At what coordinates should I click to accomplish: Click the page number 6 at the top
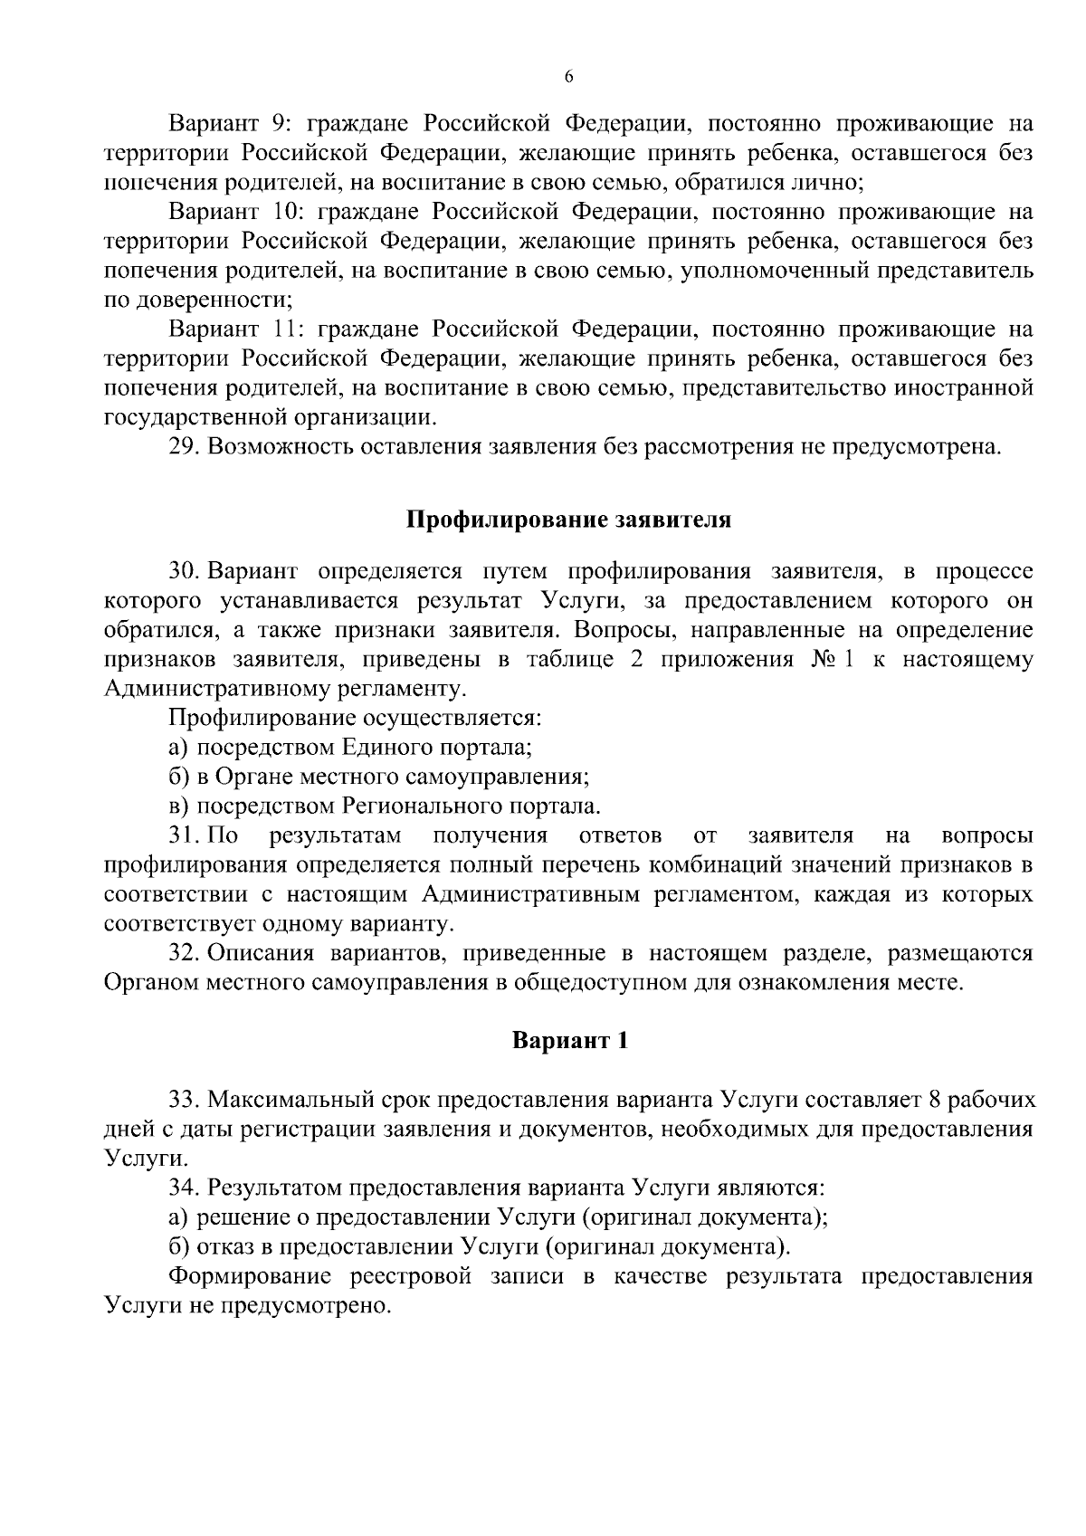[568, 78]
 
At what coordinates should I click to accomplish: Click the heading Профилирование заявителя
[567, 520]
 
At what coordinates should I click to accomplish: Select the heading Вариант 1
[569, 1041]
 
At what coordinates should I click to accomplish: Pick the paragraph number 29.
[185, 447]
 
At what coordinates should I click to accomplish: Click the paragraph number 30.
[185, 572]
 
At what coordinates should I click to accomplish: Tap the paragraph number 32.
[185, 953]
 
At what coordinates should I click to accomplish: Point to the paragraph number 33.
[185, 1101]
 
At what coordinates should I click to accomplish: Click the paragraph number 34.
[185, 1188]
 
